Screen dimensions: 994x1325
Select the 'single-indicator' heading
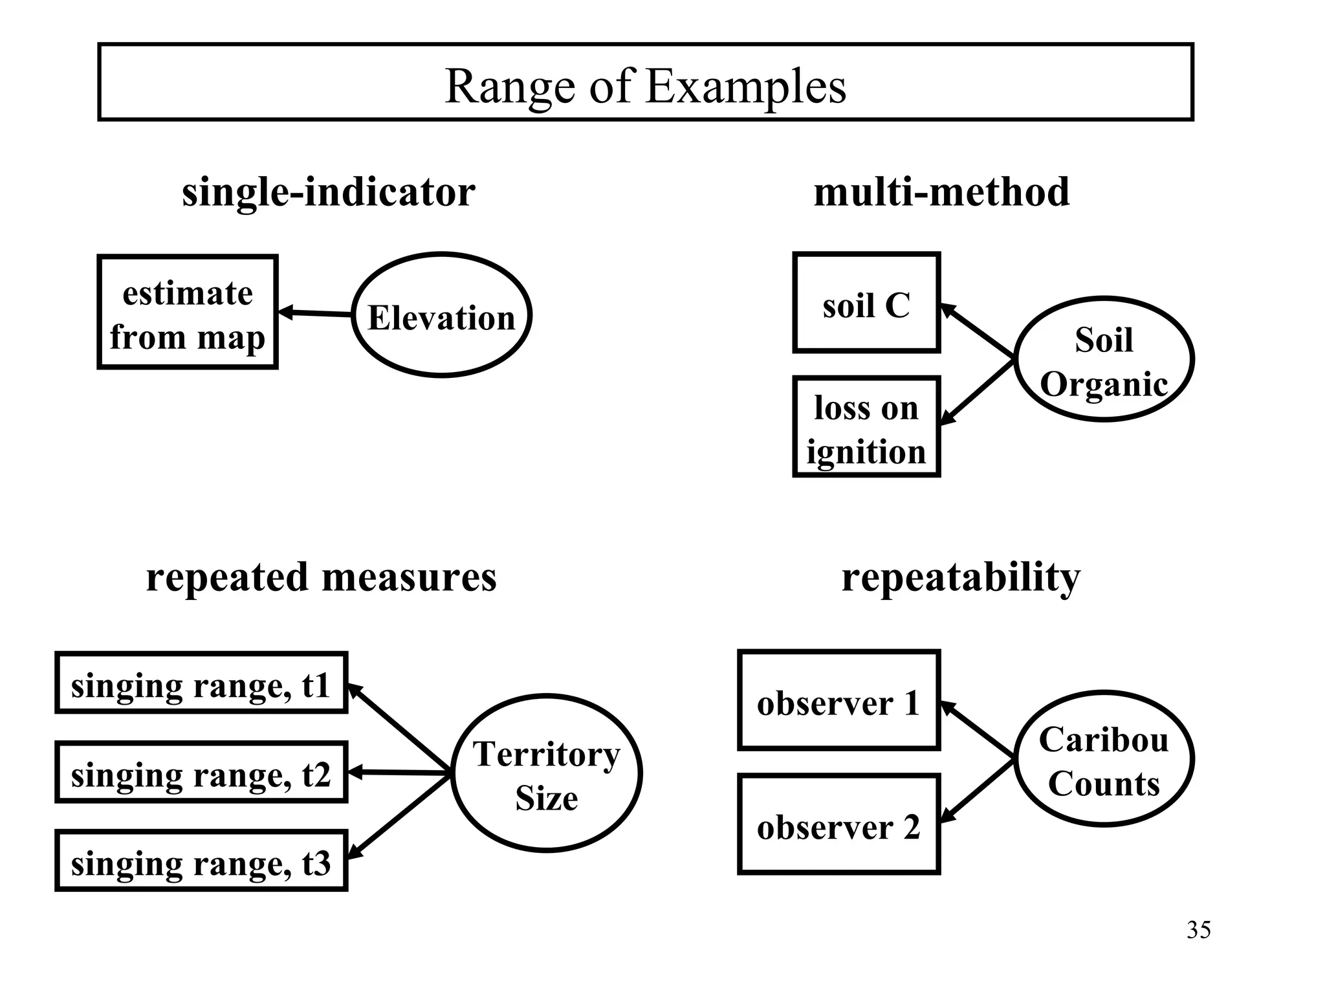(x=328, y=192)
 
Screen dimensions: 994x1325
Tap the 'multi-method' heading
(x=941, y=192)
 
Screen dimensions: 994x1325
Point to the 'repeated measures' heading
(x=321, y=577)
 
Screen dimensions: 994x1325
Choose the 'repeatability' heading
(x=961, y=577)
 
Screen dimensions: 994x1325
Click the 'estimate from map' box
(x=188, y=313)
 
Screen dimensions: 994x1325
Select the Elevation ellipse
(x=442, y=315)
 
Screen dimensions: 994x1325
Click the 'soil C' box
(x=866, y=303)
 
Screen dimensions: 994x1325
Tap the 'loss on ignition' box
(x=866, y=427)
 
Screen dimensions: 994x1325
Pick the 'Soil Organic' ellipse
(x=1104, y=360)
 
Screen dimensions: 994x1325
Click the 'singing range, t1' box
(x=201, y=683)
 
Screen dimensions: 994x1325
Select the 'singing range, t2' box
(x=201, y=773)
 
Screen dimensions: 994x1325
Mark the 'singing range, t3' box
(x=201, y=861)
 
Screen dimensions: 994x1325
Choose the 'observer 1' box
(x=838, y=701)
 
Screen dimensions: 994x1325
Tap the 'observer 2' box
(x=838, y=825)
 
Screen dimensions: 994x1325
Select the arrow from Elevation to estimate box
(x=316, y=314)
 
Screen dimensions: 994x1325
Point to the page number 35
(x=1198, y=930)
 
